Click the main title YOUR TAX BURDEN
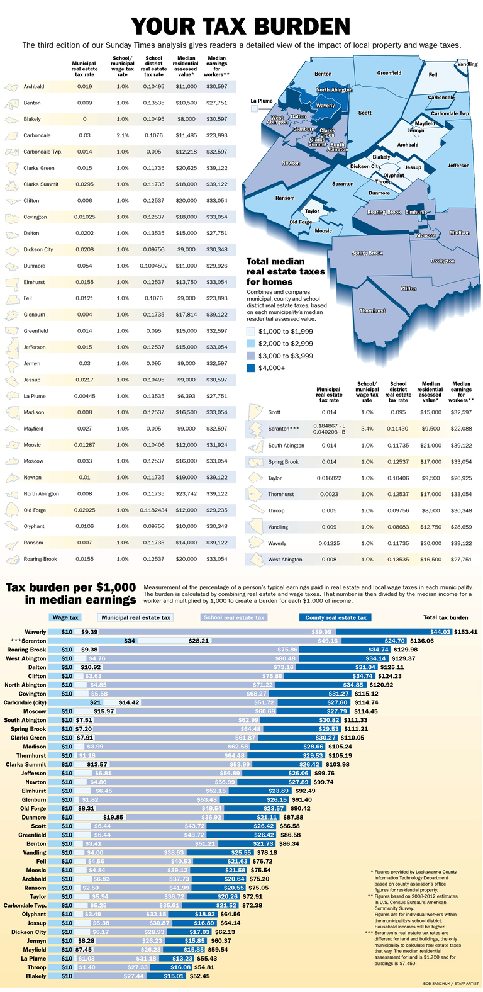(x=241, y=26)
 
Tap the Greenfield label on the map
(x=389, y=73)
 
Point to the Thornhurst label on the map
(x=372, y=311)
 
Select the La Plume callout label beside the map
(x=261, y=101)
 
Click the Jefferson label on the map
(x=458, y=166)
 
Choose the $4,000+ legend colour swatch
(x=252, y=368)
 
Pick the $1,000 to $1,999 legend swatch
(x=252, y=330)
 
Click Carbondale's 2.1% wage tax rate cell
(x=123, y=135)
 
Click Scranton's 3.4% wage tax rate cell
(x=367, y=429)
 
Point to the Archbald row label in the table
(x=33, y=86)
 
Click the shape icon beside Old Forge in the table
(x=13, y=510)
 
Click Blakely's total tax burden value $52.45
(x=199, y=976)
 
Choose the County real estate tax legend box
(x=335, y=617)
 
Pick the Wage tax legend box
(x=65, y=617)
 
